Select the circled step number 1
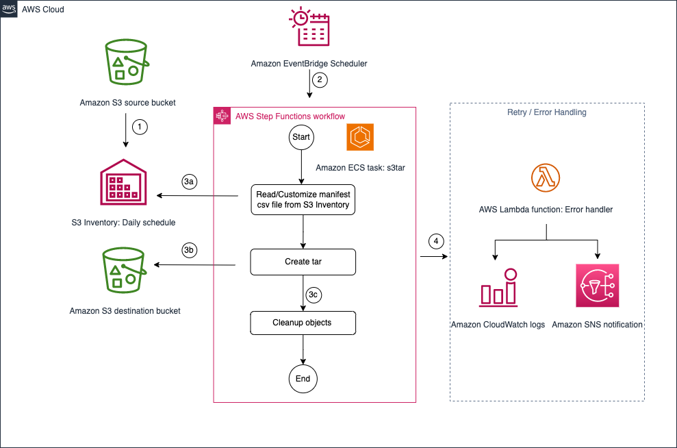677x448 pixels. (140, 127)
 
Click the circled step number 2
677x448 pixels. (319, 80)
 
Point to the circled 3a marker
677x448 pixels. (190, 182)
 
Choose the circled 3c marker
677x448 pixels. (313, 295)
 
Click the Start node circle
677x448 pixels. (301, 137)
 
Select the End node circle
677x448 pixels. (303, 379)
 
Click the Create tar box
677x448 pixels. (303, 262)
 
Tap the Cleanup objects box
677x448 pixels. (303, 323)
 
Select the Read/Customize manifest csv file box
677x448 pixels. (303, 199)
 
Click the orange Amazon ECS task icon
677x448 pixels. (360, 138)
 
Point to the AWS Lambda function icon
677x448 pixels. (546, 179)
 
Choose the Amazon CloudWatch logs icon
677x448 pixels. (498, 286)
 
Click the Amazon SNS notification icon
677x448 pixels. (597, 286)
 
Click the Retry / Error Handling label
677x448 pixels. (547, 112)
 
